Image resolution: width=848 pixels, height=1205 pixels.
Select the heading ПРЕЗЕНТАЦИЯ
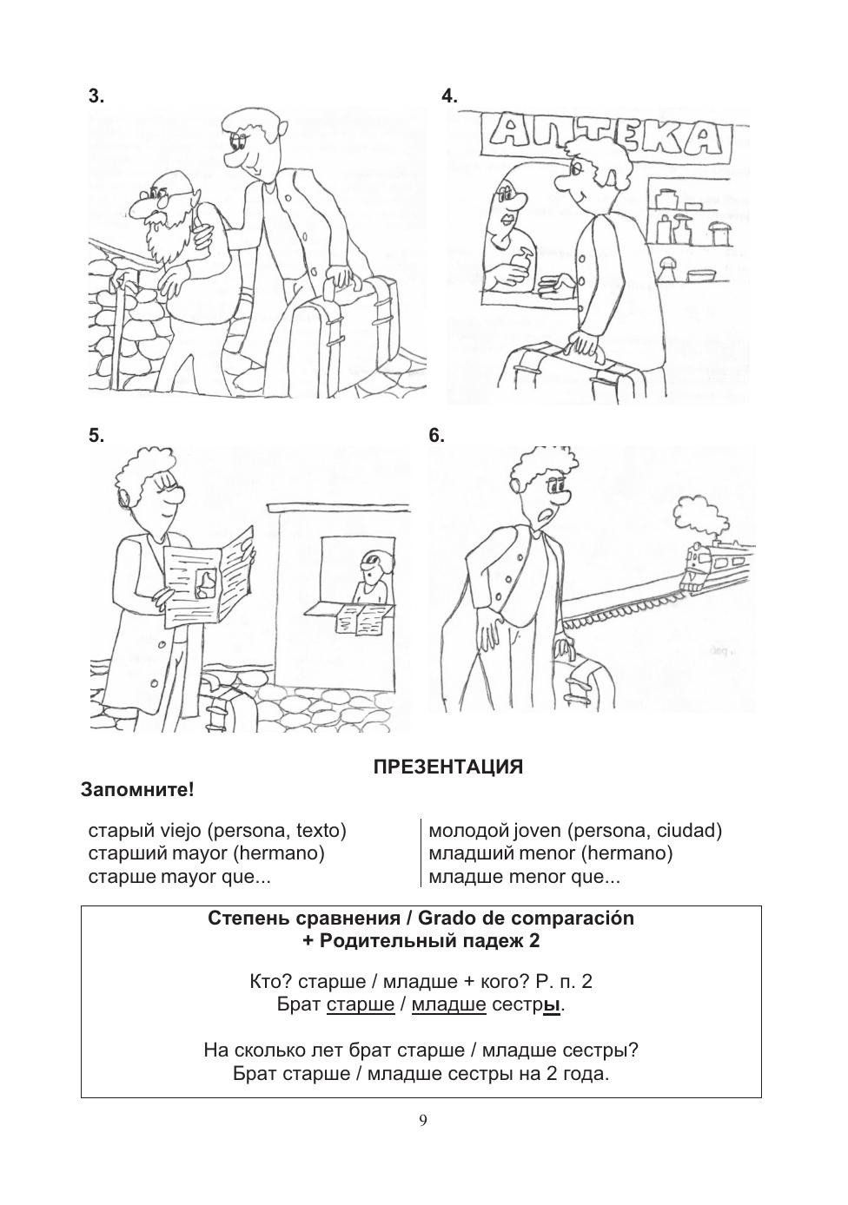pyautogui.click(x=447, y=767)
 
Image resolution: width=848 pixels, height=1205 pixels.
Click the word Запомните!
pyautogui.click(x=137, y=790)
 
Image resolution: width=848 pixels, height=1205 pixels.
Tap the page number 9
pyautogui.click(x=423, y=1120)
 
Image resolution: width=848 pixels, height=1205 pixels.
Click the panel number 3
pyautogui.click(x=96, y=96)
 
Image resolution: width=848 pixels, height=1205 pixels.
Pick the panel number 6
pyautogui.click(x=436, y=436)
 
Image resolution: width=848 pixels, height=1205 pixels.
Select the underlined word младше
pyautogui.click(x=448, y=1004)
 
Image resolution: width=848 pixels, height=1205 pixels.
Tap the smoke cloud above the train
pyautogui.click(x=695, y=512)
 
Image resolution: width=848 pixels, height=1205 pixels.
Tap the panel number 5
pyautogui.click(x=96, y=436)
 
